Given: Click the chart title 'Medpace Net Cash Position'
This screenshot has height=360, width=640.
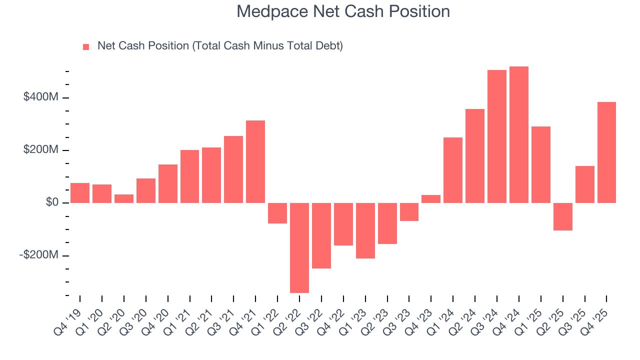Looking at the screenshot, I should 343,11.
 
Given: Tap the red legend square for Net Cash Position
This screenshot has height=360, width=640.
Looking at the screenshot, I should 86,47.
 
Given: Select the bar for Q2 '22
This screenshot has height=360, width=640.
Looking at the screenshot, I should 299,247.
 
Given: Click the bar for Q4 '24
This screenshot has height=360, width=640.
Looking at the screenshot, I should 518,134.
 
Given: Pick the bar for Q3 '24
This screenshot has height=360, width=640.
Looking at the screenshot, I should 497,136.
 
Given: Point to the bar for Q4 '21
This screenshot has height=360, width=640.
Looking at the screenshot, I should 255,161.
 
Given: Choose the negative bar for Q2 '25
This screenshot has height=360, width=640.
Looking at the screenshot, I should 562,216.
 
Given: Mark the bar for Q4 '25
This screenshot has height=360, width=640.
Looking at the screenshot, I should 606,152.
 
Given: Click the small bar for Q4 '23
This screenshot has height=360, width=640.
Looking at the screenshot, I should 431,199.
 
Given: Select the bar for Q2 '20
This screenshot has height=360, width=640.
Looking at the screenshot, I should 124,198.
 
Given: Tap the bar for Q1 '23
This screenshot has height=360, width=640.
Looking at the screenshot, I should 365,230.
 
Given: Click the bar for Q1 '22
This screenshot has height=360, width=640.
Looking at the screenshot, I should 277,213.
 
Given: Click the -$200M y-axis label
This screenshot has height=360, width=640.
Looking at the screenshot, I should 39,255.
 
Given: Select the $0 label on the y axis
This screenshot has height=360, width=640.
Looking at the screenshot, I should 52,202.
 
